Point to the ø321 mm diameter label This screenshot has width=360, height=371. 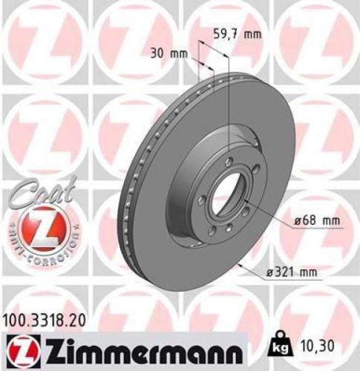(x=292, y=273)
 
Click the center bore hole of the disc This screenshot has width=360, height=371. (x=222, y=197)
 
